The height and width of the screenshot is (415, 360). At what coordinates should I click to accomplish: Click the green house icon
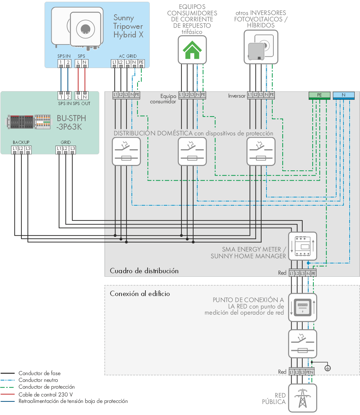192,50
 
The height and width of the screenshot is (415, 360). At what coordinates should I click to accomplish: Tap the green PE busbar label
319,95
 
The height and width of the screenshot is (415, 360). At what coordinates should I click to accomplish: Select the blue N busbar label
344,95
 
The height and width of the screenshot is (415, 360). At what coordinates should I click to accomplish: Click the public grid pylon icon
303,398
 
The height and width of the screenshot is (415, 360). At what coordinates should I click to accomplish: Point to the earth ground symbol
328,368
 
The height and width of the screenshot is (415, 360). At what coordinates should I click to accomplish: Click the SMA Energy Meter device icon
303,246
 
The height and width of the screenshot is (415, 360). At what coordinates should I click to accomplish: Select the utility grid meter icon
303,307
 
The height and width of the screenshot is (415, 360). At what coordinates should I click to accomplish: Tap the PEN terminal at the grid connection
310,372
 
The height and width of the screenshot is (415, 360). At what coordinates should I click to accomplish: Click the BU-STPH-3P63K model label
71,122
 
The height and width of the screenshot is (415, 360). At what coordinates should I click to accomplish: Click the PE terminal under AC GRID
141,63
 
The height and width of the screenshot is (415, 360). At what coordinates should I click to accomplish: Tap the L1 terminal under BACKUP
15,149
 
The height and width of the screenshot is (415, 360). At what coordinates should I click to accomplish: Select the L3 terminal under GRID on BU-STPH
73,149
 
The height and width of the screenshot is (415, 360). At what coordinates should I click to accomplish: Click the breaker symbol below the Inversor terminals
261,152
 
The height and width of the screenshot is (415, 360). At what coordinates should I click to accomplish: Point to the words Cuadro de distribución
144,271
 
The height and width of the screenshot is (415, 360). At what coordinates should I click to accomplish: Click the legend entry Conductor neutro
38,380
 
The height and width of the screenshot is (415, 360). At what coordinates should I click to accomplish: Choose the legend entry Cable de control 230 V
46,394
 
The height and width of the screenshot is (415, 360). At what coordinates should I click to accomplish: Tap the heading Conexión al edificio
140,294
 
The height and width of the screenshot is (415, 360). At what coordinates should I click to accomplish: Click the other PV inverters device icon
261,47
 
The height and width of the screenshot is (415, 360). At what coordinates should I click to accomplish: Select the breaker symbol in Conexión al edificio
303,344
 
